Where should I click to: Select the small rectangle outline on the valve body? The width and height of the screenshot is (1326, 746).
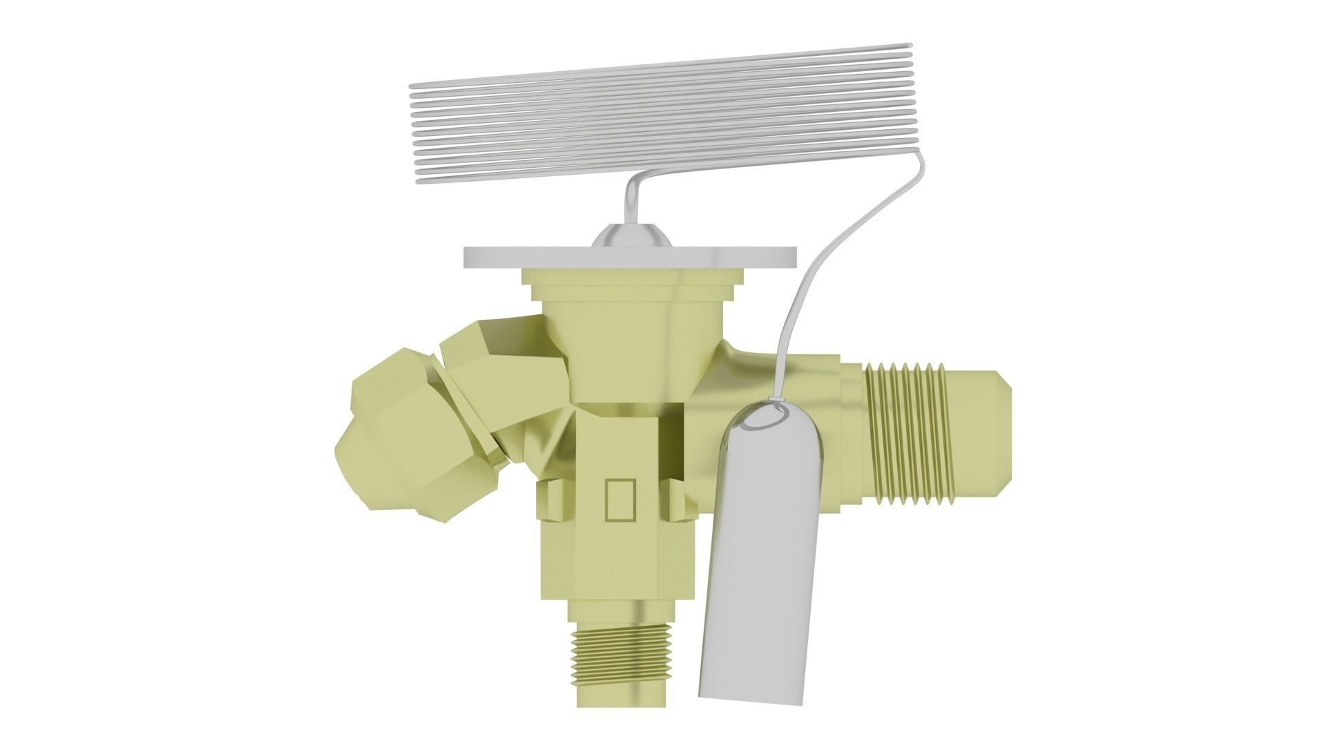pos(619,498)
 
